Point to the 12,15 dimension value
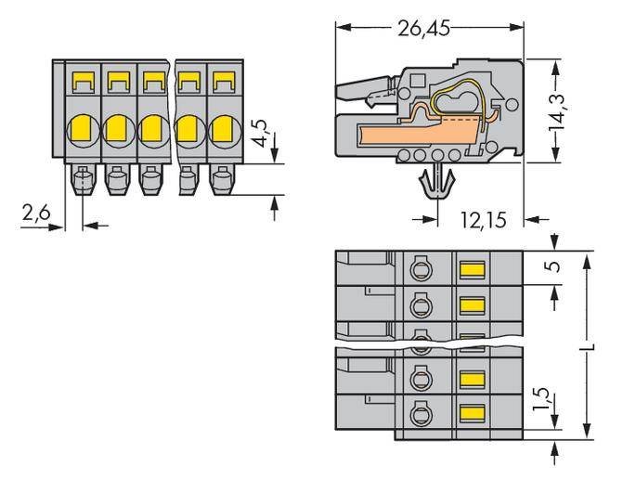tap(483, 221)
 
